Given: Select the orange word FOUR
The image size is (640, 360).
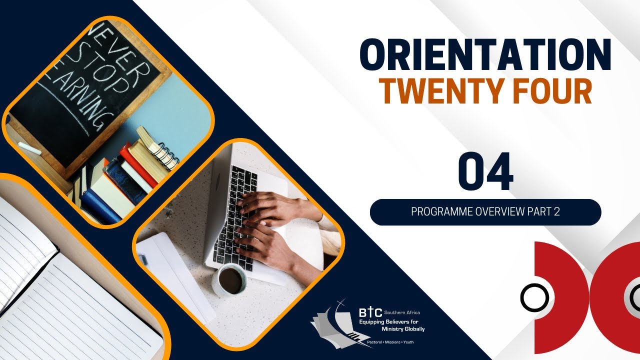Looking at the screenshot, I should click(552, 92).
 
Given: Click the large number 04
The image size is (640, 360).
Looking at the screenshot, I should click(485, 172).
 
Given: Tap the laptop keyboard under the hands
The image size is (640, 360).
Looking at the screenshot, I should click(235, 215).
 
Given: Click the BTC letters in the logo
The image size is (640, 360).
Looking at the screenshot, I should click(370, 313).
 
